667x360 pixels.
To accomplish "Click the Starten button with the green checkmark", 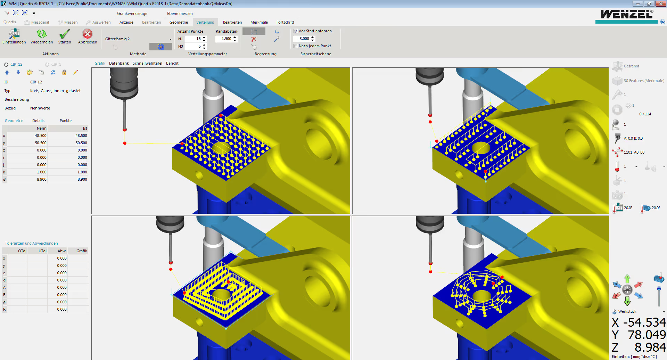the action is click(x=65, y=36).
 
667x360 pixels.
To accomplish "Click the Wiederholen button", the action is click(x=42, y=36).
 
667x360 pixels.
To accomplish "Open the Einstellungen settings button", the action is click(x=14, y=36).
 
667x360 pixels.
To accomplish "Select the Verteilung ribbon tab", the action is click(x=205, y=22).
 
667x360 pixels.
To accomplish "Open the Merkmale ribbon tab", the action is click(x=259, y=22).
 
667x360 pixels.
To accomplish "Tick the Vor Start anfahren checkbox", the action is click(x=296, y=31).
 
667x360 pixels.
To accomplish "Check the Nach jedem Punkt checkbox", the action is click(x=296, y=46).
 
